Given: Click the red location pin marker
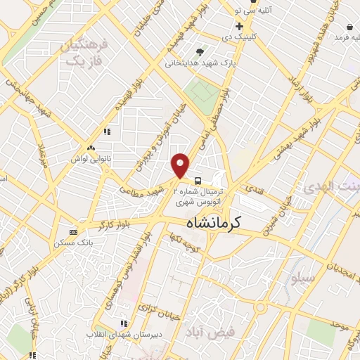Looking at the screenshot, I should [181, 165].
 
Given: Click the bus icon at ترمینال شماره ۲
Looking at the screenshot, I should [198, 180].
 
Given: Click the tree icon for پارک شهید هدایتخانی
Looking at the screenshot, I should [200, 52].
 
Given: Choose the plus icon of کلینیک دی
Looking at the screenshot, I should [239, 26].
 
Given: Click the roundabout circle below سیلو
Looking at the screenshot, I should [261, 307].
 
